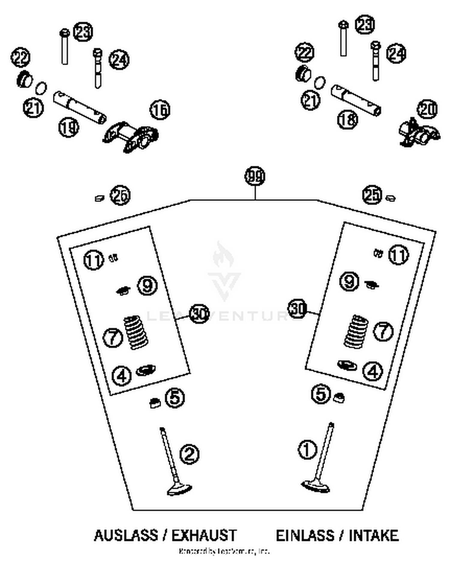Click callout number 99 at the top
[255, 176]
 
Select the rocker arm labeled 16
[131, 137]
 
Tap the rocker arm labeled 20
[419, 134]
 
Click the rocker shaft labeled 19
[79, 107]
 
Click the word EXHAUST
[204, 535]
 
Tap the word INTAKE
[373, 535]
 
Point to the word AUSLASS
[126, 535]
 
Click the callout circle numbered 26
[120, 195]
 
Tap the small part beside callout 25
[390, 198]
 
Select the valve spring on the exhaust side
[136, 332]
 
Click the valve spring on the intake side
[356, 331]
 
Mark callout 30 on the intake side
[297, 309]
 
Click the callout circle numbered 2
[189, 454]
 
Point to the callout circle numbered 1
[307, 450]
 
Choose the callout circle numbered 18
[348, 119]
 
